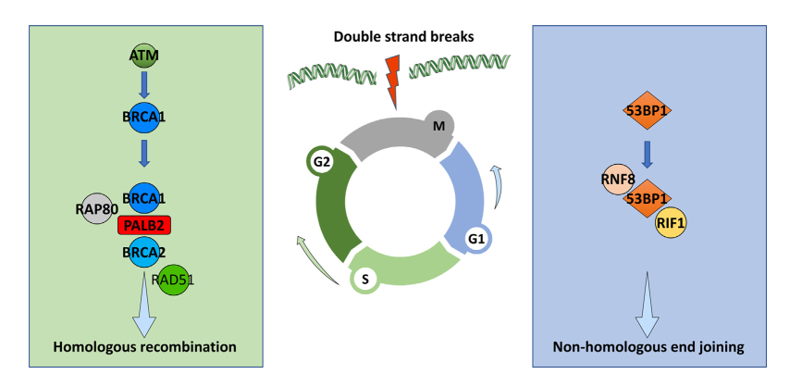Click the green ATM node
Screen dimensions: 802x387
pyautogui.click(x=143, y=55)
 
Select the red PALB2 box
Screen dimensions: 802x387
pyautogui.click(x=143, y=225)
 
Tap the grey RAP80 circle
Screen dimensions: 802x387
pyautogui.click(x=96, y=208)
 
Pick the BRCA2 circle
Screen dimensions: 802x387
pyautogui.click(x=143, y=251)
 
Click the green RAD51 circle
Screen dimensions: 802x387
pyautogui.click(x=173, y=280)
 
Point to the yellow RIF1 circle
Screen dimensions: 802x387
pyautogui.click(x=671, y=223)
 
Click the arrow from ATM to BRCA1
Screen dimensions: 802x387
pyautogui.click(x=144, y=86)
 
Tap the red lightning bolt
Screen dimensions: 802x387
pyautogui.click(x=392, y=82)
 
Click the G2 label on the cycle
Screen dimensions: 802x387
pyautogui.click(x=321, y=162)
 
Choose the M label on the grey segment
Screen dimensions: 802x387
pyautogui.click(x=438, y=126)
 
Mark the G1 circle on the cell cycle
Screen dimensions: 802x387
pyautogui.click(x=476, y=239)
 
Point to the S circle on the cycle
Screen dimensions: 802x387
pyautogui.click(x=365, y=279)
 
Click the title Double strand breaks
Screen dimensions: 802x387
pyautogui.click(x=403, y=37)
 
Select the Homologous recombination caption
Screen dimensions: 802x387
pyautogui.click(x=144, y=347)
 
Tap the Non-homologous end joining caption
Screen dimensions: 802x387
pyautogui.click(x=648, y=347)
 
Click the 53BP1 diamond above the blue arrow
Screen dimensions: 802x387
pyautogui.click(x=647, y=110)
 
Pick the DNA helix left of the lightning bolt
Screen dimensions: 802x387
pyautogui.click(x=331, y=78)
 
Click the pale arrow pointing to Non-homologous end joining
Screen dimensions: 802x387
pyautogui.click(x=647, y=305)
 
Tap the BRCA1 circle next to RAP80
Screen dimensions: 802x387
pyautogui.click(x=143, y=198)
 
